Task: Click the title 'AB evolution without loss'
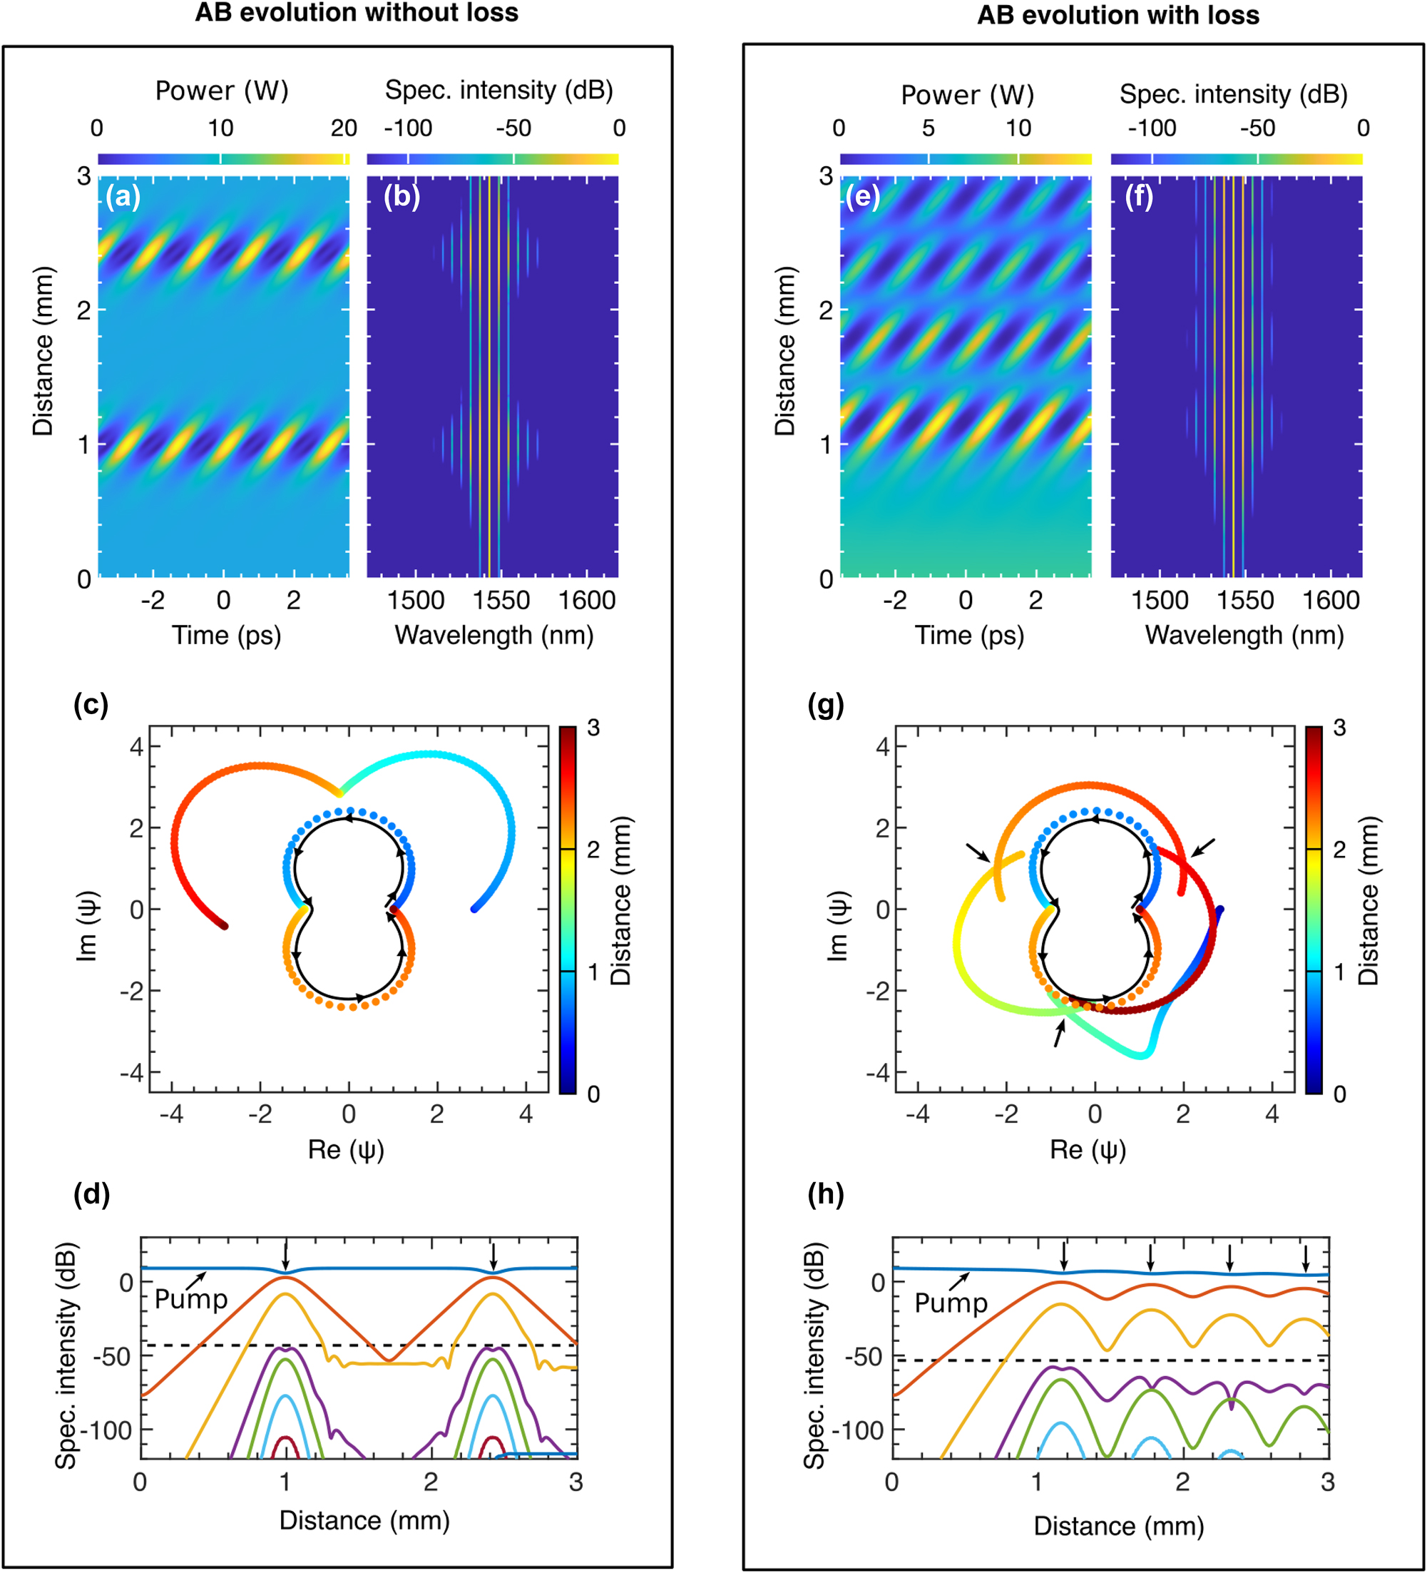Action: point(357,14)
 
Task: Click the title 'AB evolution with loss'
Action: point(1117,16)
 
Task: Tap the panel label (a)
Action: point(123,197)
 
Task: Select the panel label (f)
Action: point(1138,197)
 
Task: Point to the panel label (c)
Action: point(91,705)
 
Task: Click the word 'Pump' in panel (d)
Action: point(191,1299)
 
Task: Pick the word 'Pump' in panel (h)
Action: point(951,1303)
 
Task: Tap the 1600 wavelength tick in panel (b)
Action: point(587,601)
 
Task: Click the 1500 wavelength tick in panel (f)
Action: point(1160,601)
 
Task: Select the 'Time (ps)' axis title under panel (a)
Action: point(226,636)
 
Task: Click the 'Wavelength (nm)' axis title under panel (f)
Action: point(1244,636)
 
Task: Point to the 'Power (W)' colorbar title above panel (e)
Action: point(967,95)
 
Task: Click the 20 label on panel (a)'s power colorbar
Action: point(343,128)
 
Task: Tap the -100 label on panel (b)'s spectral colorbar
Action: point(407,128)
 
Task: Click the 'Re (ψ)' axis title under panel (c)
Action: point(347,1150)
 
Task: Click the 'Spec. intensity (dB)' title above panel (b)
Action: point(498,91)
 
